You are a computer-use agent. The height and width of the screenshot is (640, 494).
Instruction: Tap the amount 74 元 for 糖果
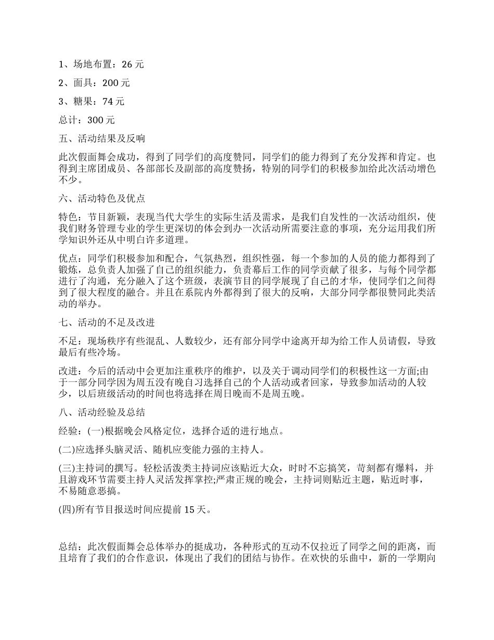point(114,101)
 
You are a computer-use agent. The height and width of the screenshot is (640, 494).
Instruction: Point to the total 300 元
point(101,120)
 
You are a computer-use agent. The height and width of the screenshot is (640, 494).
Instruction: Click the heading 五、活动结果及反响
point(102,138)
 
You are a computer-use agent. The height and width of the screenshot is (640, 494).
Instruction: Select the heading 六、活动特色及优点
point(102,198)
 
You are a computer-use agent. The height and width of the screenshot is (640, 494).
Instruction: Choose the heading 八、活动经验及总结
point(102,413)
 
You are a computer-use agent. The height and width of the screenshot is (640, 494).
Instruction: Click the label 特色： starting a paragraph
point(71,216)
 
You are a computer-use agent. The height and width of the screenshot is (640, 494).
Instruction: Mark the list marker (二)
point(67,449)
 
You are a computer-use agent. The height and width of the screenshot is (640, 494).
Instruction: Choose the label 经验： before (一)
point(71,431)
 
